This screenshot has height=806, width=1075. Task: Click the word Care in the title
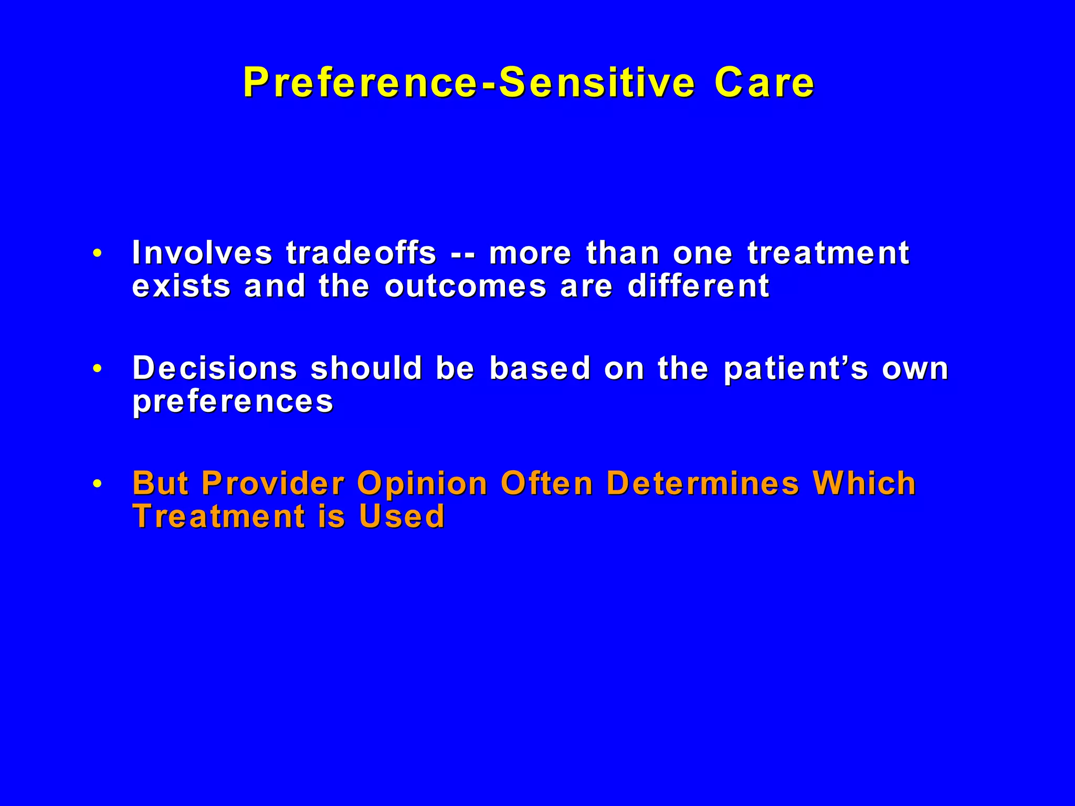[x=764, y=83]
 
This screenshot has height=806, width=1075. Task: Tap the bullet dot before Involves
[x=97, y=253]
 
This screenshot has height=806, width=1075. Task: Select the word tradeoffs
[x=361, y=253]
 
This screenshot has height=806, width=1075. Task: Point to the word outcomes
[x=465, y=287]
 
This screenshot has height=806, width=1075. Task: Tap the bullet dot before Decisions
[x=97, y=369]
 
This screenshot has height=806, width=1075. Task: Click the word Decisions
[x=215, y=368]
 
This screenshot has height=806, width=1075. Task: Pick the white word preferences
[x=233, y=402]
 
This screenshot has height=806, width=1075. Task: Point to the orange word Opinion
[x=423, y=484]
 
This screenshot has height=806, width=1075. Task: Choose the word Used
[x=402, y=516]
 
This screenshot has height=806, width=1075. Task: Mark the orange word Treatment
[x=218, y=516]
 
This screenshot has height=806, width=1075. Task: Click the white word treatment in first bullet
[x=828, y=253]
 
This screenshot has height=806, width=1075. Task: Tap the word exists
[x=181, y=287]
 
